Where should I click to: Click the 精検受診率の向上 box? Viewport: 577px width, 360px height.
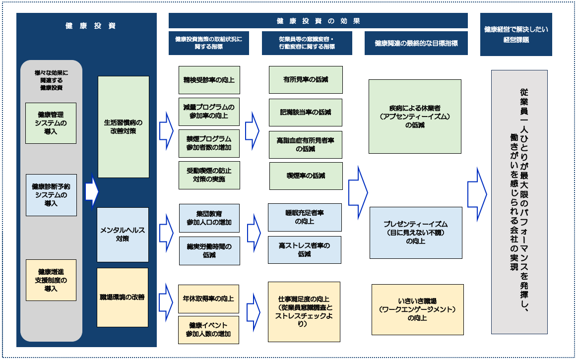click(x=209, y=80)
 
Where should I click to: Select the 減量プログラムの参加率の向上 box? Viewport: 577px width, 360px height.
click(x=209, y=112)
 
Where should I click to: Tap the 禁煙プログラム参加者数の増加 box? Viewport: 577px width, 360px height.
click(x=209, y=143)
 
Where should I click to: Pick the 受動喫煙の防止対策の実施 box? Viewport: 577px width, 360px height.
click(x=209, y=175)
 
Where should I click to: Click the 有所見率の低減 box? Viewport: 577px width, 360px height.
click(x=306, y=80)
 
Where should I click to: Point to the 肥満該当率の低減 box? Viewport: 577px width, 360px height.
click(x=306, y=113)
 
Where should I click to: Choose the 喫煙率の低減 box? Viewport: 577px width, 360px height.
click(x=306, y=176)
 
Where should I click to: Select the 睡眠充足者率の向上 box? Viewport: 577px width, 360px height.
click(x=305, y=217)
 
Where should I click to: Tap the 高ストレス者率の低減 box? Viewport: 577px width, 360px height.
click(x=305, y=249)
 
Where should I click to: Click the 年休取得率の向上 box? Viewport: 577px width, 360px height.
click(x=208, y=299)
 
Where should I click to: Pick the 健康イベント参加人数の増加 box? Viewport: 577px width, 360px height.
click(x=208, y=330)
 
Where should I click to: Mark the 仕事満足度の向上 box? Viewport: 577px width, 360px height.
click(x=304, y=311)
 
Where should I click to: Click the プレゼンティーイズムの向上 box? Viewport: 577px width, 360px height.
click(x=415, y=233)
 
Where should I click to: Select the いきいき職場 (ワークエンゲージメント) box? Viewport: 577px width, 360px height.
click(x=417, y=309)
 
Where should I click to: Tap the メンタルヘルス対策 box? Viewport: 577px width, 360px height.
click(x=123, y=235)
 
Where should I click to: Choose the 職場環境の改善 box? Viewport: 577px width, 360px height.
click(x=123, y=297)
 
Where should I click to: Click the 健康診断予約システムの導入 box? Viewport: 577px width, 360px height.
click(x=51, y=195)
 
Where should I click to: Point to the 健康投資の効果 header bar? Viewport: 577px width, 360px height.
click(x=318, y=21)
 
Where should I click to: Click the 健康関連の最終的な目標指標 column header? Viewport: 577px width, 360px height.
click(x=416, y=43)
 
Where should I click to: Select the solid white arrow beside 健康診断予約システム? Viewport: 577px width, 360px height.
click(x=91, y=191)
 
